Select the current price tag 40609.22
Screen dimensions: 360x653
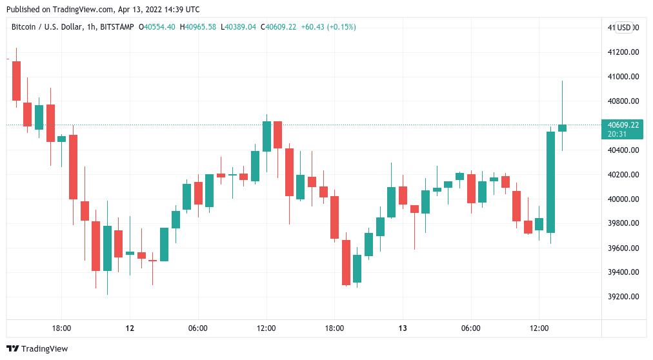[x=621, y=125]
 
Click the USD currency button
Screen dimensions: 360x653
[x=623, y=27]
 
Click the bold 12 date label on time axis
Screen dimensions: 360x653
[x=130, y=328]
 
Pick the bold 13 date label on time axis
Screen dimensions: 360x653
[x=403, y=328]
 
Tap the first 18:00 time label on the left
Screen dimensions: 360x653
[x=61, y=328]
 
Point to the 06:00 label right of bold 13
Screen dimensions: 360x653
[x=471, y=328]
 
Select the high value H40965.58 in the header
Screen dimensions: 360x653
[x=198, y=27]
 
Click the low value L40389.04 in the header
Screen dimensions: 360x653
[x=238, y=27]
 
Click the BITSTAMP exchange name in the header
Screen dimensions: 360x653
[x=117, y=27]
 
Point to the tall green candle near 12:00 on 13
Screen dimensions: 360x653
[x=550, y=182]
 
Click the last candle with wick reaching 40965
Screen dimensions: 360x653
[x=562, y=127]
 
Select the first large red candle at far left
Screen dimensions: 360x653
[x=16, y=81]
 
